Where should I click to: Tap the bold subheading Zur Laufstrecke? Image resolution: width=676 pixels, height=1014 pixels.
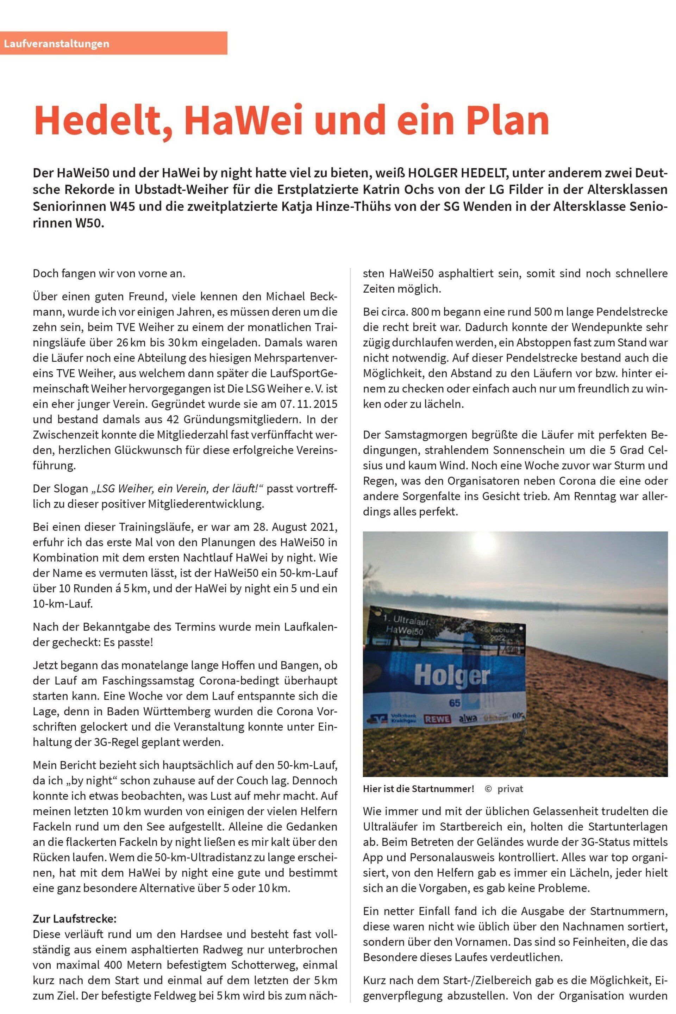74,919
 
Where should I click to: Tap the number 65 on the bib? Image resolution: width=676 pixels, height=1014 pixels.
455,703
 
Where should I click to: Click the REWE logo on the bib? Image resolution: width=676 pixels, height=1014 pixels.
438,719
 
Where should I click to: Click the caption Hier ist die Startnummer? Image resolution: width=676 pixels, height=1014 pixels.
418,789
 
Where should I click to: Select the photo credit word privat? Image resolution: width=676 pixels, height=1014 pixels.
510,789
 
